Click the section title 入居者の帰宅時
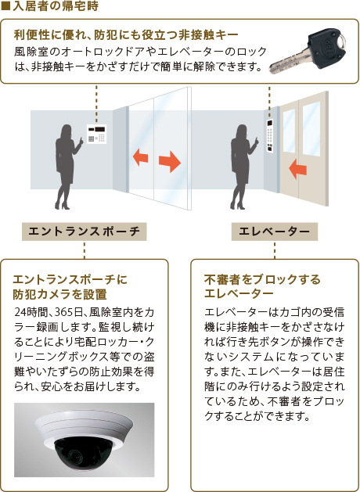tap(56, 6)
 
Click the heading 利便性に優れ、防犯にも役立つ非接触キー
tap(125, 35)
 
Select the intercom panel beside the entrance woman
tap(97, 134)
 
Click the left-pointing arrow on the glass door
tap(140, 157)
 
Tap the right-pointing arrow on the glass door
tap(170, 161)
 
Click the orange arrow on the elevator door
tap(297, 169)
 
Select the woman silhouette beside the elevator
tap(243, 167)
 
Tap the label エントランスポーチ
tap(84, 232)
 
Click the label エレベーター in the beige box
tap(275, 232)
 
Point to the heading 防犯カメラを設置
tap(60, 294)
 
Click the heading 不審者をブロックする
tap(262, 278)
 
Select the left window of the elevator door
tap(289, 131)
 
